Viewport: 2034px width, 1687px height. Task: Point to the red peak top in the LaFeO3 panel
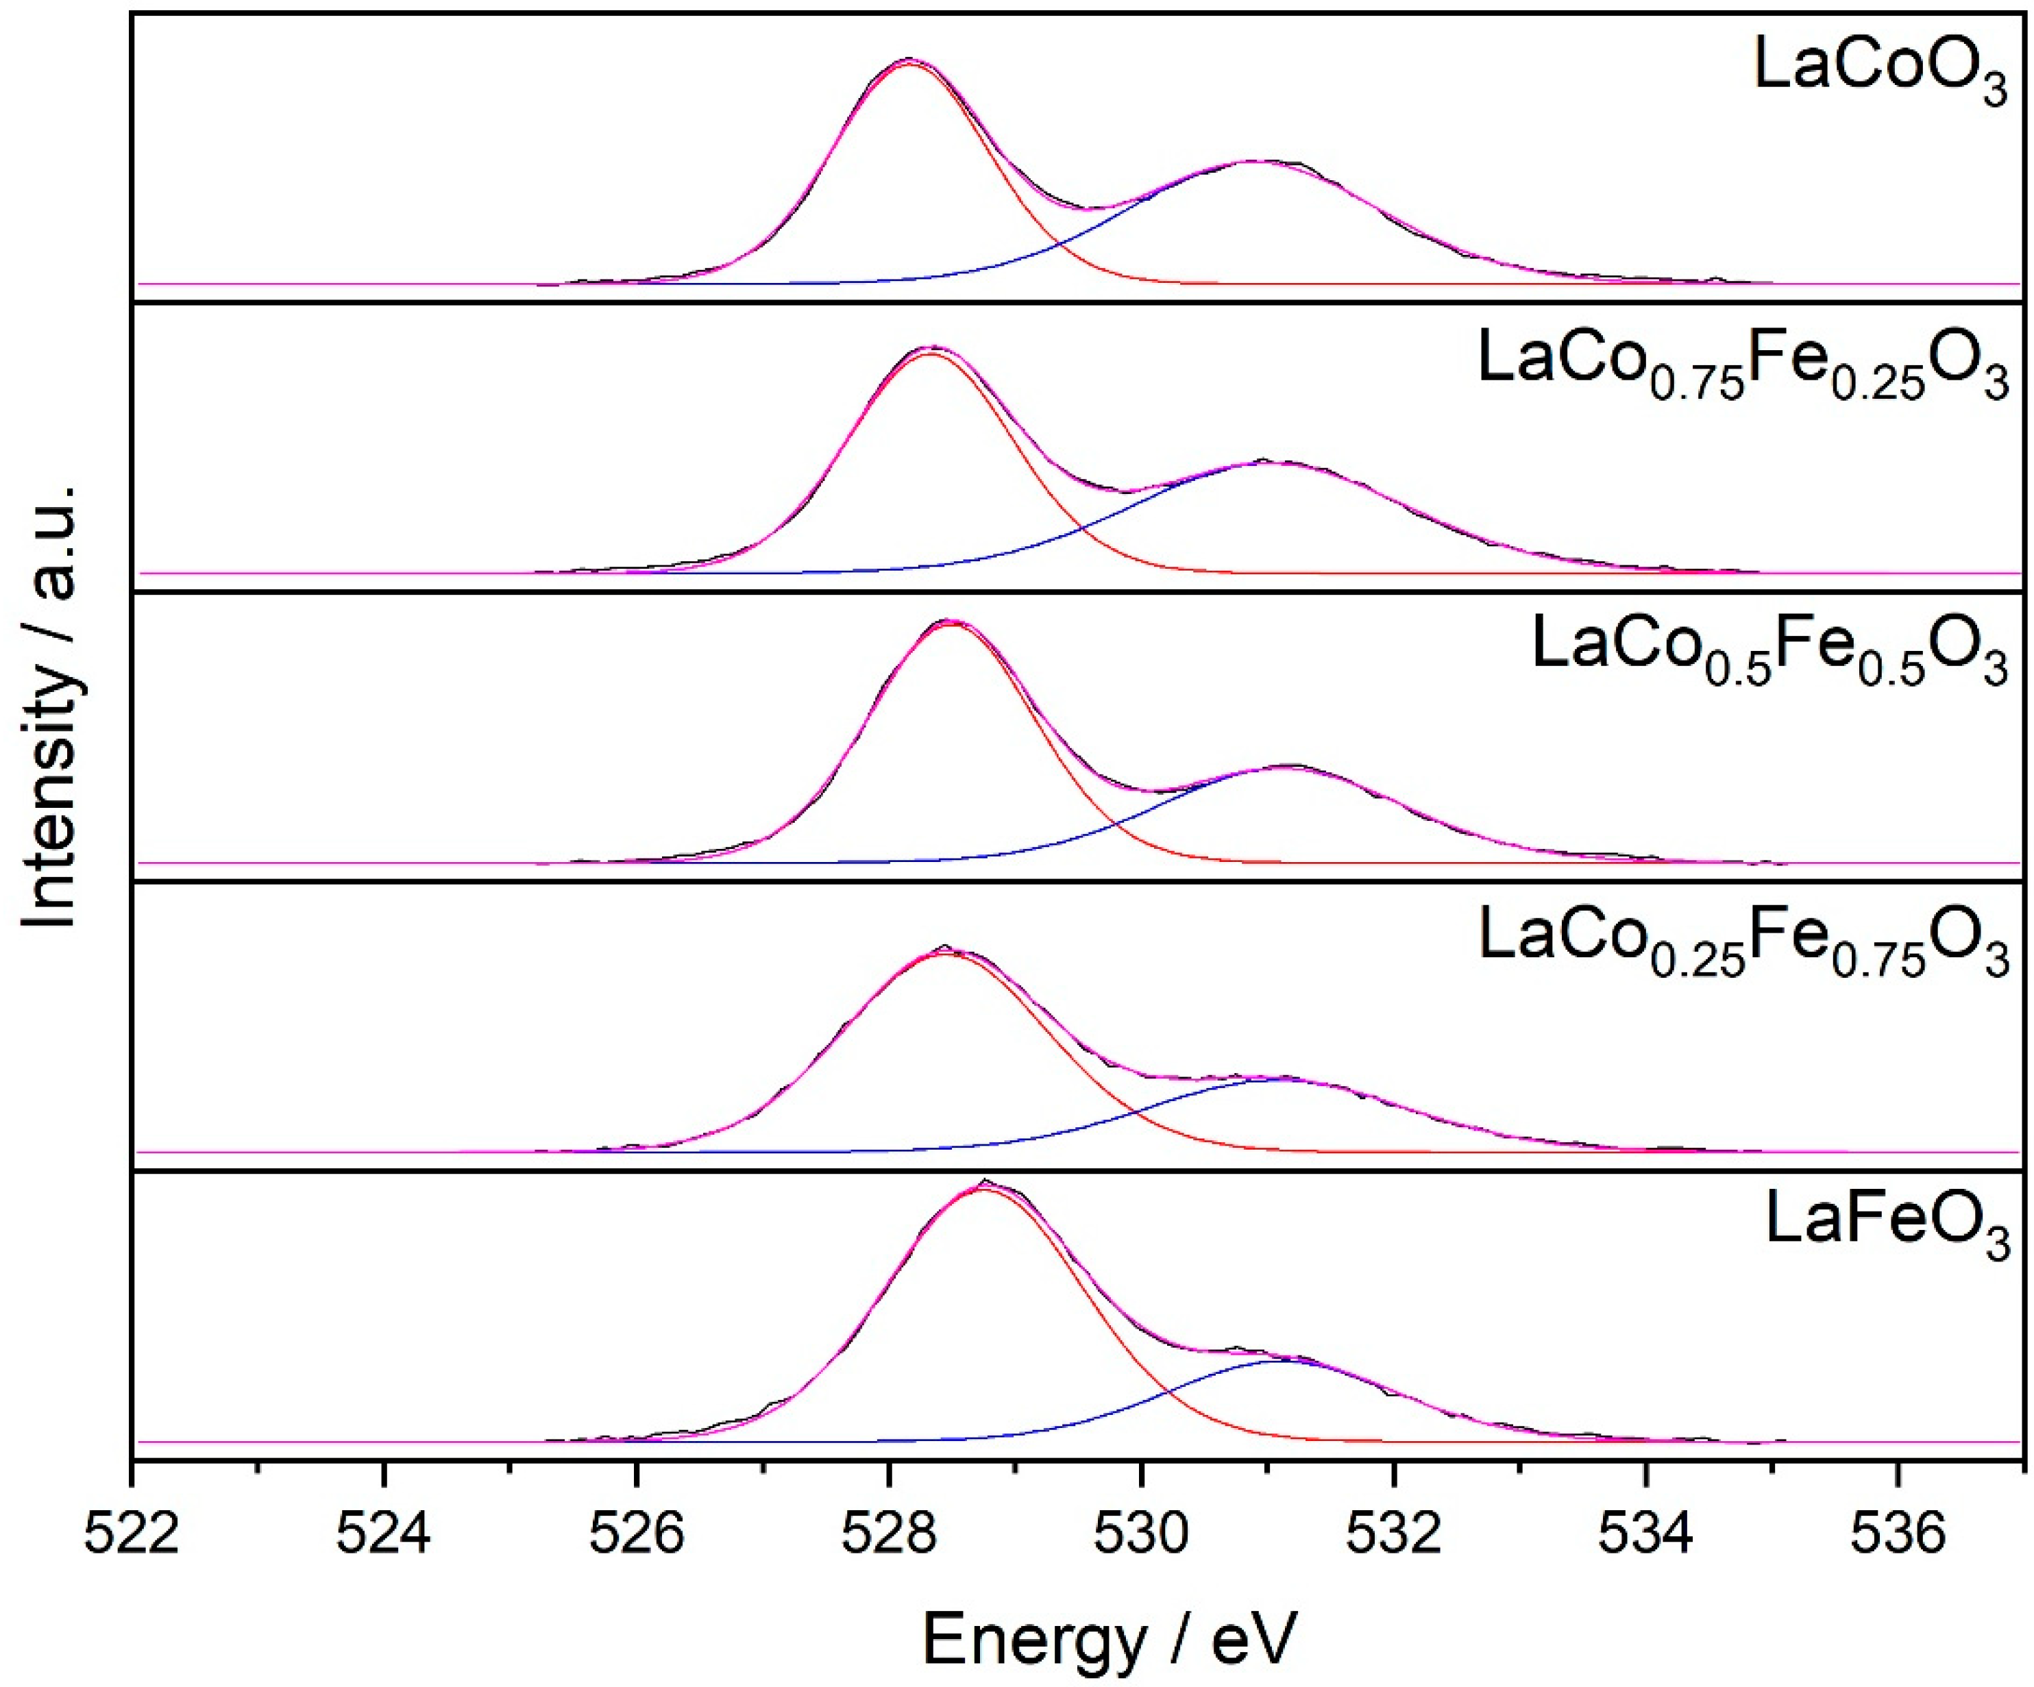983,1190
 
